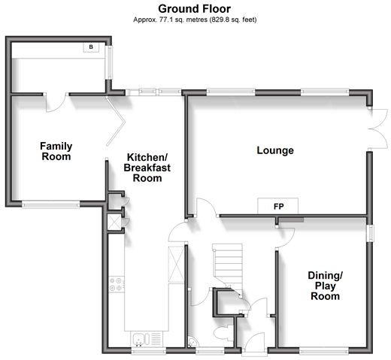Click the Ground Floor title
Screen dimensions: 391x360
pos(194,9)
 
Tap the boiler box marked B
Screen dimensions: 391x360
pos(91,47)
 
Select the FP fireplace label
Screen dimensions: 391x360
pos(278,207)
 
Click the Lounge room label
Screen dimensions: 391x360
pos(275,150)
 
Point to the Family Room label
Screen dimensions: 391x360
pos(56,151)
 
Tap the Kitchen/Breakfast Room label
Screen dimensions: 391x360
pos(147,168)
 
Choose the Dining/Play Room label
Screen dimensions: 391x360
pos(325,286)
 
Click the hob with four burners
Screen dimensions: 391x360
pos(117,284)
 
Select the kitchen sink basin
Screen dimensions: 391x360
pos(138,339)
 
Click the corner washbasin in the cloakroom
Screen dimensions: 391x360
pos(192,342)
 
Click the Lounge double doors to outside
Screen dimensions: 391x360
pos(378,129)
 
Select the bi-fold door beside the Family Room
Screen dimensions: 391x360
pos(115,122)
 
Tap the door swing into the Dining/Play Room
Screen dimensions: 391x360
pos(286,237)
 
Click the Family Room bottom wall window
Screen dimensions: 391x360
pos(51,204)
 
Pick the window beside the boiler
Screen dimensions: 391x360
pos(109,62)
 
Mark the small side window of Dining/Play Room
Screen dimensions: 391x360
pos(370,234)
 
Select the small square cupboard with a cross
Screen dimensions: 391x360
pos(114,222)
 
